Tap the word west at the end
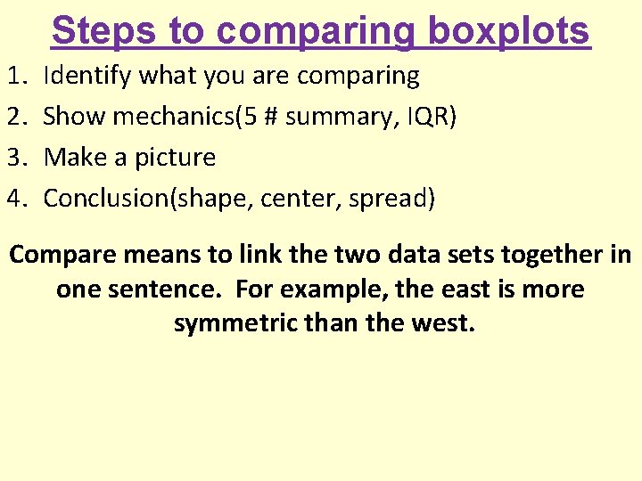[x=444, y=322]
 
